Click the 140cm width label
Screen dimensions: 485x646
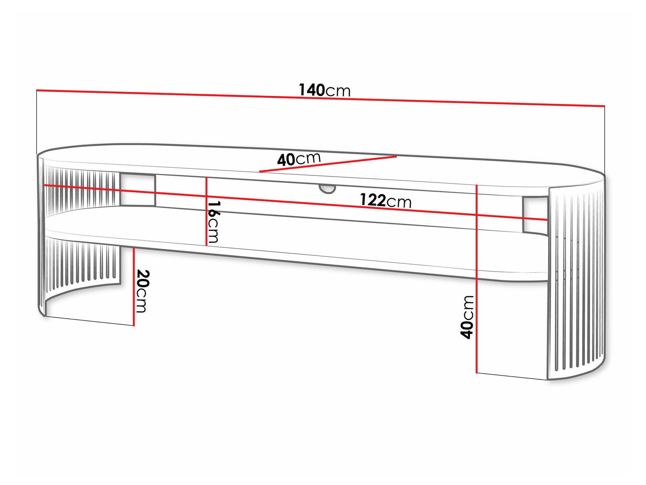pyautogui.click(x=324, y=90)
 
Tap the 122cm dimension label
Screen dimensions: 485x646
pyautogui.click(x=385, y=201)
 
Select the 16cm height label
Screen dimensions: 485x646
pyautogui.click(x=214, y=222)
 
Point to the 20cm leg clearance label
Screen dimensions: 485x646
pyautogui.click(x=142, y=291)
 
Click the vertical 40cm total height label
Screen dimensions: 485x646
pyautogui.click(x=467, y=317)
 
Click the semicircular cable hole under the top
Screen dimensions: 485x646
pyautogui.click(x=327, y=189)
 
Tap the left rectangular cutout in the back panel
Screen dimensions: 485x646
pyautogui.click(x=138, y=190)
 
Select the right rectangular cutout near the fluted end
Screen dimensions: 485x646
pyautogui.click(x=535, y=215)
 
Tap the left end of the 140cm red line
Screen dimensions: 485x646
pyautogui.click(x=37, y=90)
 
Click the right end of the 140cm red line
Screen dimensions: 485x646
pyautogui.click(x=604, y=106)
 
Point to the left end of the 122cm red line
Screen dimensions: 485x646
pyautogui.click(x=45, y=185)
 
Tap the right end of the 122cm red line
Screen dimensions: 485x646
pyautogui.click(x=547, y=220)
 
